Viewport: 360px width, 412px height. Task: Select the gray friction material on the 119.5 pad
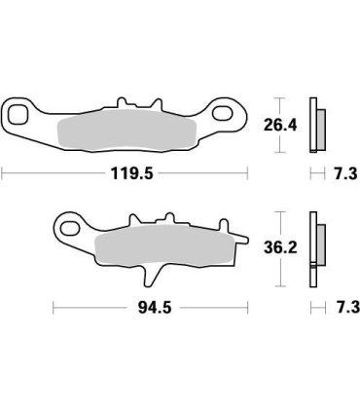[x=129, y=129]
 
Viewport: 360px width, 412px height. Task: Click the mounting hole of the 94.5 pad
[x=68, y=230]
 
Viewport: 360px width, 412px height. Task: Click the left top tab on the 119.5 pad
[x=120, y=101]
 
